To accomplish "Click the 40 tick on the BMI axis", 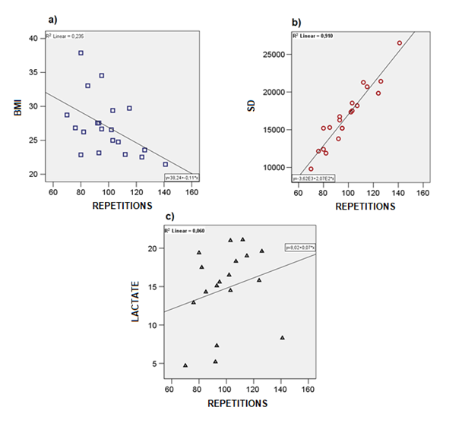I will pos(33,38).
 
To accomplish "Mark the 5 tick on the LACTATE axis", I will pos(154,364).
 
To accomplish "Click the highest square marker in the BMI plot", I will pos(81,53).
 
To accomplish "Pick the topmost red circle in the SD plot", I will pos(400,43).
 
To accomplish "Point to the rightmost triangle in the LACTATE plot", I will pos(282,338).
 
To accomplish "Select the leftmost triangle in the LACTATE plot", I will pos(185,365).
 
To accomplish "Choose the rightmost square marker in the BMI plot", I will pos(166,164).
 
